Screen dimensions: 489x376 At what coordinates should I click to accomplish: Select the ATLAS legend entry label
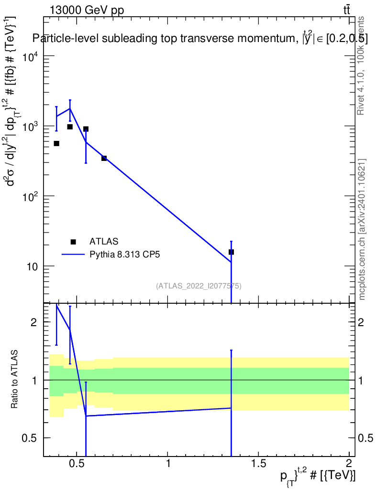pyautogui.click(x=104, y=241)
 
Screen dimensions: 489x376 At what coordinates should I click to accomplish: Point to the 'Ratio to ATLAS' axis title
pyautogui.click(x=14, y=379)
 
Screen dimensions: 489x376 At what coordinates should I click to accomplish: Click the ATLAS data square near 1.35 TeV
pyautogui.click(x=231, y=252)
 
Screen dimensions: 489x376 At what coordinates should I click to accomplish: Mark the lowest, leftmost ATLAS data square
pyautogui.click(x=56, y=143)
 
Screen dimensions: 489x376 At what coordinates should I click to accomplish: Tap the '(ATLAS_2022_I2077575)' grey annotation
pyautogui.click(x=199, y=286)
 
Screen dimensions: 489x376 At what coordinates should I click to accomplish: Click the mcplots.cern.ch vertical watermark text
pyautogui.click(x=362, y=229)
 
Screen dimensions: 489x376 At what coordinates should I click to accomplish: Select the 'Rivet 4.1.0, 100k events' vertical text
pyautogui.click(x=361, y=65)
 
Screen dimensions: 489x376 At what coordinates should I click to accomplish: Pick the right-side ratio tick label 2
pyautogui.click(x=363, y=322)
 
